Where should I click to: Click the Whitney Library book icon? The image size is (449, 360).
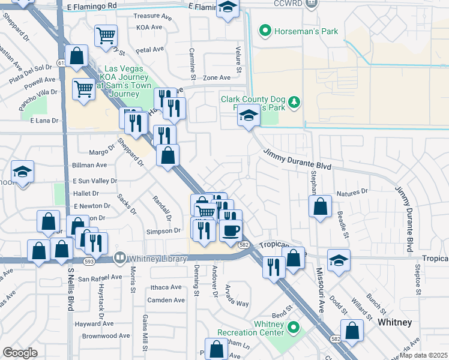coord(119,258)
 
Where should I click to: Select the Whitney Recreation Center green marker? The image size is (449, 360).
coord(293,328)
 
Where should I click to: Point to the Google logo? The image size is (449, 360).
coord(20,353)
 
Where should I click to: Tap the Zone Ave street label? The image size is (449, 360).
coord(217,78)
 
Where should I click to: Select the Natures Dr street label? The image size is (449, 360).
coord(352,192)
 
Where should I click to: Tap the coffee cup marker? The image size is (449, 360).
coord(231,229)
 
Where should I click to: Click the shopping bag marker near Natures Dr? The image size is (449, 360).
coord(321,206)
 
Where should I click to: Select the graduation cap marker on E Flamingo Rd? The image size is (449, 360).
coord(228,8)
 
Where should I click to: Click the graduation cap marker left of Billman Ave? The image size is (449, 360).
coord(22,172)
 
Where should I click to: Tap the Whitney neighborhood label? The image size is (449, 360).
coord(394,322)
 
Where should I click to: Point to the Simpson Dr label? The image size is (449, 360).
coord(163,230)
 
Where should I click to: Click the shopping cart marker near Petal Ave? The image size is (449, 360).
coord(106,35)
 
